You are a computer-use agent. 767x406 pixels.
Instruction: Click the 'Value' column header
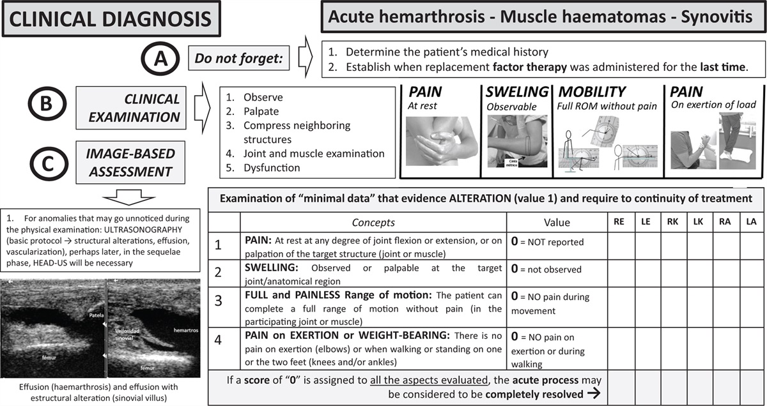[555, 222]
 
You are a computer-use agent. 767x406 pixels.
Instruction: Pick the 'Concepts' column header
[373, 222]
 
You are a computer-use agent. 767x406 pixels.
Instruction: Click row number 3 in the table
[219, 302]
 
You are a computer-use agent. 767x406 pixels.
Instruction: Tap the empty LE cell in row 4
[646, 348]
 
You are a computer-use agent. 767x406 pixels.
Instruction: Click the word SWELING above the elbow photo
[516, 93]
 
